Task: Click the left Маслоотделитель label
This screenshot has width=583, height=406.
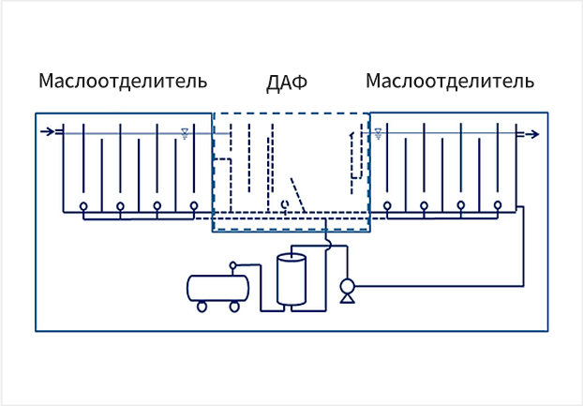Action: pos(123,81)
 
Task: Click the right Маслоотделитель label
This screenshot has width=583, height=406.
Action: pos(450,81)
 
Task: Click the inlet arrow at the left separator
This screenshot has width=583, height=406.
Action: pos(50,132)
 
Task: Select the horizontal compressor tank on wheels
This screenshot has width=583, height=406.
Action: pos(218,286)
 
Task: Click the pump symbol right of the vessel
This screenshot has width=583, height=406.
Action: pos(348,285)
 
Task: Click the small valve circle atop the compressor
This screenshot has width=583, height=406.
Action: pos(232,266)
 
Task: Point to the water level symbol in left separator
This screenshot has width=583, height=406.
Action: pos(186,133)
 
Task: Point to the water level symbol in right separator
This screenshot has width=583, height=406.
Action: pos(378,133)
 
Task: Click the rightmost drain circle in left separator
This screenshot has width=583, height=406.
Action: pos(193,206)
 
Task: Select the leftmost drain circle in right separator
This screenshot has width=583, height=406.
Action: pos(387,206)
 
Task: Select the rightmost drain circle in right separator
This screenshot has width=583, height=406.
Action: pos(497,206)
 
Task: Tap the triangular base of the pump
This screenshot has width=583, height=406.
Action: pos(348,298)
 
